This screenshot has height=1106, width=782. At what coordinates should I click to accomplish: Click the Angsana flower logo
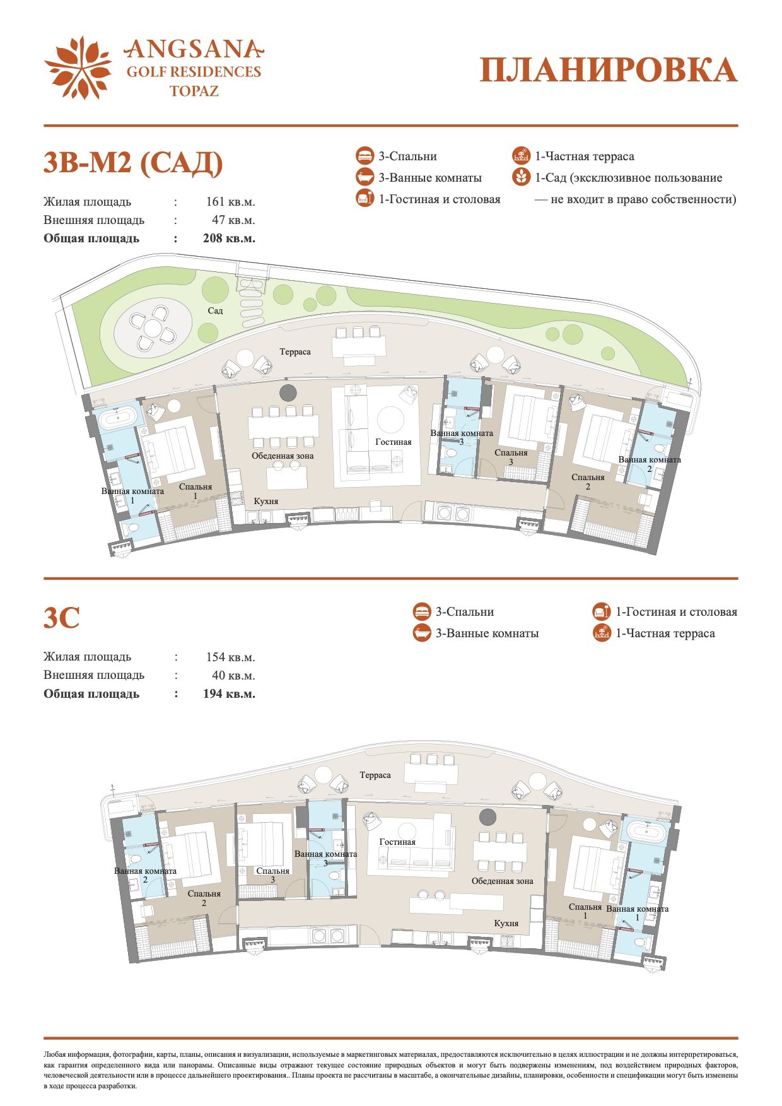click(x=78, y=68)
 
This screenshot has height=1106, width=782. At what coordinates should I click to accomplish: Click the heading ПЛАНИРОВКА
click(x=609, y=70)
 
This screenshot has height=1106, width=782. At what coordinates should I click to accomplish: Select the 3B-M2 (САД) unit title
click(x=133, y=163)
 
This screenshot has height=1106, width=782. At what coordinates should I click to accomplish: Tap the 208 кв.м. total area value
click(x=229, y=238)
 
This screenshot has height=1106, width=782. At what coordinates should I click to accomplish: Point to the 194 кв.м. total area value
click(x=229, y=694)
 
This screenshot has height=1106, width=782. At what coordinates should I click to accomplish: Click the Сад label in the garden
click(x=215, y=310)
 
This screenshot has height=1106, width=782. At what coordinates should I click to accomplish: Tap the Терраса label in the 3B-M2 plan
click(x=295, y=351)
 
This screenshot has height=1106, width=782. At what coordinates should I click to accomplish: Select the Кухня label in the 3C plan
click(x=506, y=923)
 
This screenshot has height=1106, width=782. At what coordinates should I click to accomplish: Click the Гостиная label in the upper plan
click(x=394, y=442)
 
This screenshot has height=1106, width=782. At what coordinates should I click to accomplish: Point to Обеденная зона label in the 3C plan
click(x=503, y=881)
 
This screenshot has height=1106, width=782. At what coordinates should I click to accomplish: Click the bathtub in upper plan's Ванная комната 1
click(x=115, y=418)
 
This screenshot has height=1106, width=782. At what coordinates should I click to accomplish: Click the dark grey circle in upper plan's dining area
click(x=288, y=392)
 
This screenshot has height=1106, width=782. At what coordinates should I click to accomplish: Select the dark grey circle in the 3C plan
click(x=487, y=817)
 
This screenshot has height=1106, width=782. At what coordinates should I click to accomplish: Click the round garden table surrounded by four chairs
click(x=153, y=328)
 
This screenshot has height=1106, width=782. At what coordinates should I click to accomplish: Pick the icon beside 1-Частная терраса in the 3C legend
click(x=602, y=633)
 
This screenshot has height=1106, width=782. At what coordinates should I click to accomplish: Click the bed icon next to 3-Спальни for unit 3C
click(x=422, y=611)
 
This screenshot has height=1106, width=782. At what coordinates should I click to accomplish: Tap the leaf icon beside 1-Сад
click(x=521, y=177)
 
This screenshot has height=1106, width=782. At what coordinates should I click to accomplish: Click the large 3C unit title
click(x=62, y=617)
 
